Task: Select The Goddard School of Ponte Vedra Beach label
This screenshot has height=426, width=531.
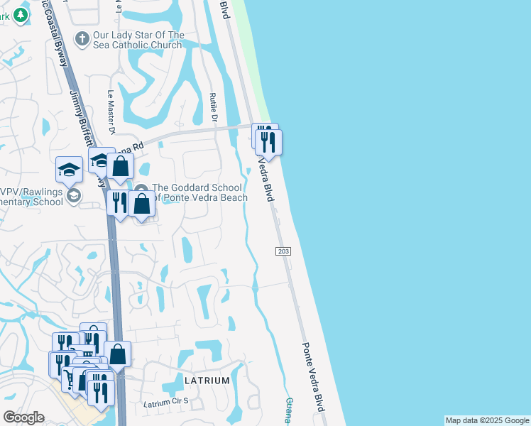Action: tap(199, 192)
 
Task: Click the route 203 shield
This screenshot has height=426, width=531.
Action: tap(282, 251)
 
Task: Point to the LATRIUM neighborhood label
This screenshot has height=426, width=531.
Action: tap(207, 381)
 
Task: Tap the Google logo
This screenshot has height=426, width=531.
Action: tap(23, 417)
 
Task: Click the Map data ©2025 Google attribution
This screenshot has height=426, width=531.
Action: tap(487, 420)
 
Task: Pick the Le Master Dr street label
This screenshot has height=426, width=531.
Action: tap(111, 112)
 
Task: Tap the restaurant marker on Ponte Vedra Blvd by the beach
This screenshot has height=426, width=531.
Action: tap(269, 141)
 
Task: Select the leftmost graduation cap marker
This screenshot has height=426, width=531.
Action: tap(70, 169)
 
